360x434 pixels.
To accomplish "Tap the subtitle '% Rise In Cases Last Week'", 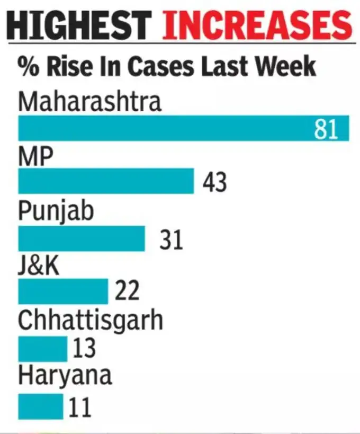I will pos(167,67).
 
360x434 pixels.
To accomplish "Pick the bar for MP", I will pos(106,181).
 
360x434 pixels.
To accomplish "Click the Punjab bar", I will pos(82,238).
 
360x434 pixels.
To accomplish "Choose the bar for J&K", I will pos(63,291).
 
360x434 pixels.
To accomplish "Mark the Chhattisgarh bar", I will pos(43,348).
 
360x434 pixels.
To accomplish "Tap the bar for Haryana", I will pos(41,406).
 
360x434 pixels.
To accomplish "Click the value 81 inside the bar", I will pos(326,129).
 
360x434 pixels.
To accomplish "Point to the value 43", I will pos(214,182).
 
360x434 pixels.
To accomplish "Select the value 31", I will pos(171,240).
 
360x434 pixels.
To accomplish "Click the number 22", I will pos(127,291).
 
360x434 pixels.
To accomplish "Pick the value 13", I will pos(83,348).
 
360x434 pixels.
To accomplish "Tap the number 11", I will pos(79,407).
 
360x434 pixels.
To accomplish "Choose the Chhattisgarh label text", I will pos(90,321).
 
